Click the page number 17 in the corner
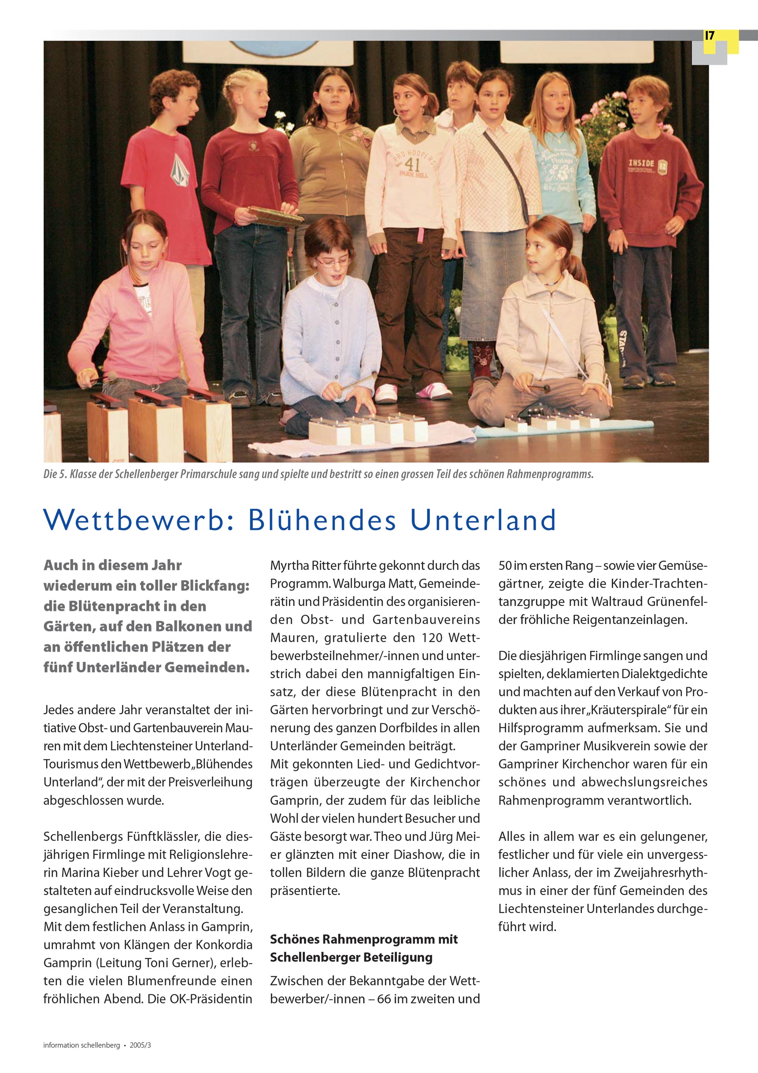click(x=709, y=36)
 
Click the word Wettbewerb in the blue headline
click(x=133, y=520)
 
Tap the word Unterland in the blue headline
click(x=483, y=520)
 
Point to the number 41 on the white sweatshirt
click(x=412, y=165)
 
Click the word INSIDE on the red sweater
click(x=641, y=163)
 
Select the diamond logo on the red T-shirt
click(x=178, y=170)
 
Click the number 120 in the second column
click(x=434, y=637)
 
